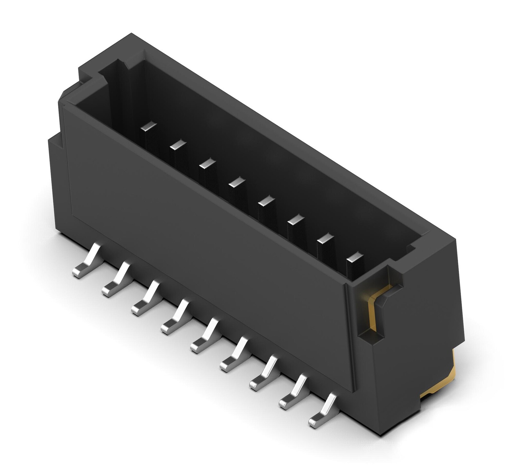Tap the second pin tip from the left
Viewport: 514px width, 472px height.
click(x=178, y=145)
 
